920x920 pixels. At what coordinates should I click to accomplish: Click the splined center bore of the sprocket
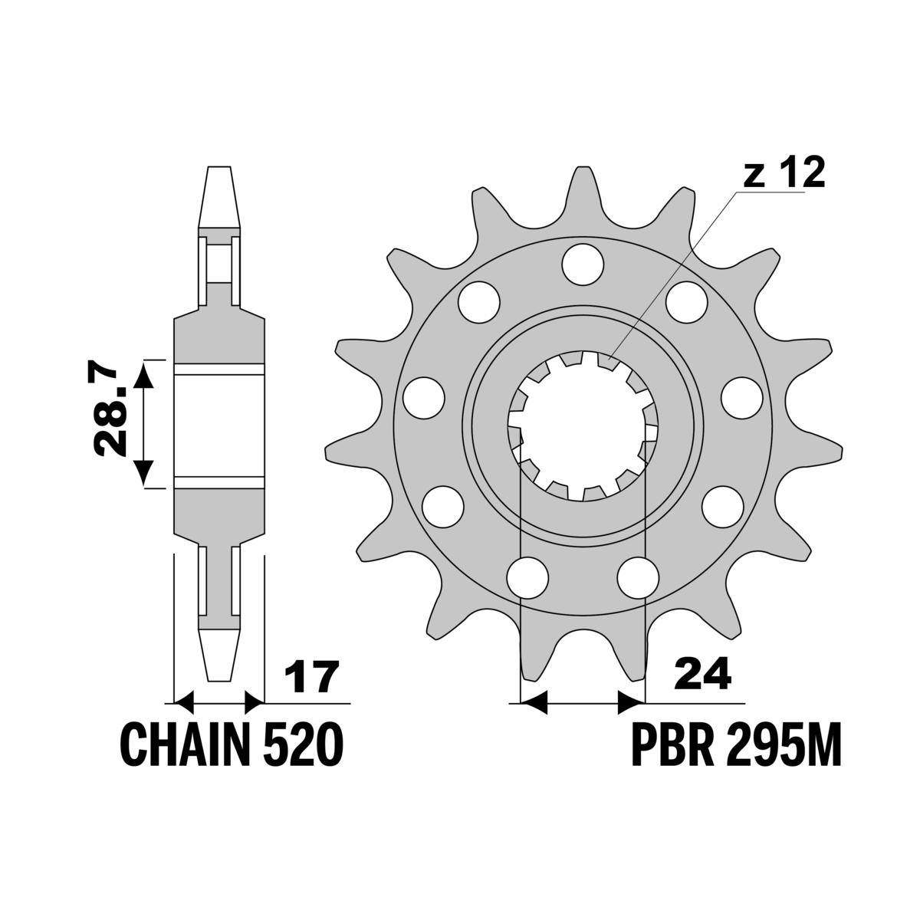pos(583,426)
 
